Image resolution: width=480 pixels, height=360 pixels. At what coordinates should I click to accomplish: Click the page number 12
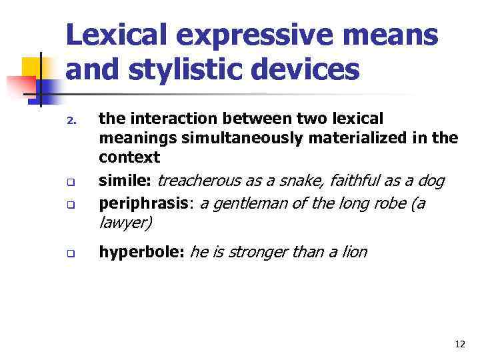pos(460,344)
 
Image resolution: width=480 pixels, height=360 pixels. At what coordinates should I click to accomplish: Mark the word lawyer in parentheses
pos(125,223)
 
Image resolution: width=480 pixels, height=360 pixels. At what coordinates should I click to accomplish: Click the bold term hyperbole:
pos(141,252)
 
